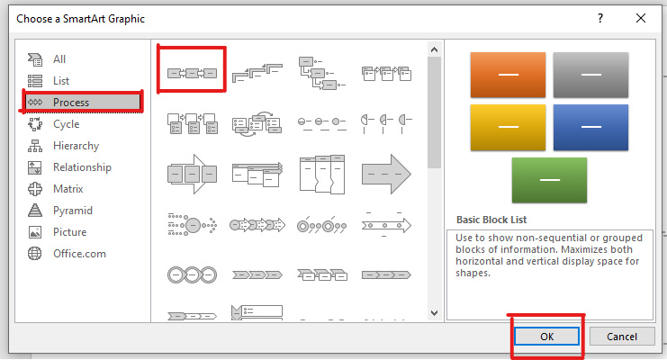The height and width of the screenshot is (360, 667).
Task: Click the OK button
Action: click(x=546, y=337)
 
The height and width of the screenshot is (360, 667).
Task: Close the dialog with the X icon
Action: click(x=641, y=18)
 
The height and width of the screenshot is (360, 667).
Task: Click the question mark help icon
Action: click(x=600, y=18)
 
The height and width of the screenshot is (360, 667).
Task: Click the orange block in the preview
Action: click(x=508, y=75)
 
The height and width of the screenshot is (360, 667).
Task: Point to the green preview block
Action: click(x=549, y=180)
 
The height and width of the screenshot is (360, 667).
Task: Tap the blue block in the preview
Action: click(x=590, y=127)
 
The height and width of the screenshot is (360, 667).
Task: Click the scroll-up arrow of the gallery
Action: click(x=434, y=49)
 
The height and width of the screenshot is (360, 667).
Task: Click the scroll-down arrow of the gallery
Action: click(x=434, y=313)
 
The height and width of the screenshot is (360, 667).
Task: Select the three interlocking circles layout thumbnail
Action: click(x=193, y=274)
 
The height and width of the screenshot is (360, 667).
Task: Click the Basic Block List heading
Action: click(x=491, y=220)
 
